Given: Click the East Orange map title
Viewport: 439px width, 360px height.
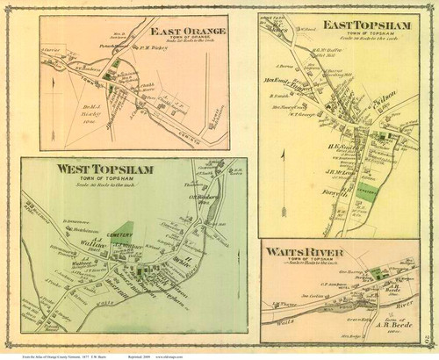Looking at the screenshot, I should tap(187, 32).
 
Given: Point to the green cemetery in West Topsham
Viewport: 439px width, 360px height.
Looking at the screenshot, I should tap(123, 231).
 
